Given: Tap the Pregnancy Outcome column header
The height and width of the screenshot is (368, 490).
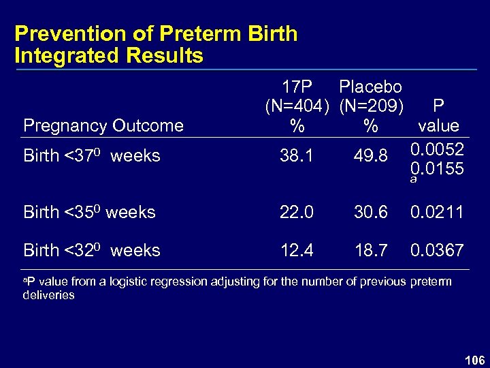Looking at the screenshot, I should [x=103, y=125].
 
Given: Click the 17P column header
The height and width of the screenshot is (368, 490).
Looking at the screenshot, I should [x=297, y=87].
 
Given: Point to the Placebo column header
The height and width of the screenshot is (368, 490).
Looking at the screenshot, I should [x=370, y=87].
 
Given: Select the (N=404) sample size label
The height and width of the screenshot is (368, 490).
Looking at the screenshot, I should [x=297, y=106].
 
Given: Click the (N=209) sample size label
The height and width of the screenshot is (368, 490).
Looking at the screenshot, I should [x=370, y=106].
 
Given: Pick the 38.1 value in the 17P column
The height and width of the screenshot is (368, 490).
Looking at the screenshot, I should [x=297, y=157].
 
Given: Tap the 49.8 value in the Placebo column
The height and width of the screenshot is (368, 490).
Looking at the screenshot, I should [x=370, y=157].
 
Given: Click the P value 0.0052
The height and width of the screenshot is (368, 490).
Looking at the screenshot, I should [x=438, y=149].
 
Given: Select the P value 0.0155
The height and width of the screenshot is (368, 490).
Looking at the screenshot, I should [x=438, y=168].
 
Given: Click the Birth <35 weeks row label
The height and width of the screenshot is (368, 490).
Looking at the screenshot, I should [x=89, y=212].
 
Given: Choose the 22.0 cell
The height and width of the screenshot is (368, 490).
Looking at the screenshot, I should [x=297, y=213].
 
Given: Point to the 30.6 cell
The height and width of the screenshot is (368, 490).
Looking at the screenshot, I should [x=370, y=213].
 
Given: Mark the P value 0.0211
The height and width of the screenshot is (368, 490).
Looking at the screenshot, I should [x=437, y=213].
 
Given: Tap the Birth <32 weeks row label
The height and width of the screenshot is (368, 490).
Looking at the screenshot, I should [x=92, y=250].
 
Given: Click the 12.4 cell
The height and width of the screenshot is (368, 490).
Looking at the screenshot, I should [x=297, y=251].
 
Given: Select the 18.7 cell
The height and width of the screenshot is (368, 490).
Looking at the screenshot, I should [x=370, y=251].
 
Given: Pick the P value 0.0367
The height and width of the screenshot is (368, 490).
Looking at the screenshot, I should [x=437, y=251].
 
